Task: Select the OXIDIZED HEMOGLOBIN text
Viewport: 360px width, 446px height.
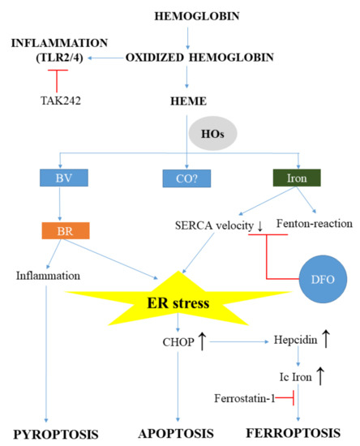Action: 189,57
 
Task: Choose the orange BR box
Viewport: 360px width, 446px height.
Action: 68,231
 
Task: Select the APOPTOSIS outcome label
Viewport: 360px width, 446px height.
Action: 186,434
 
